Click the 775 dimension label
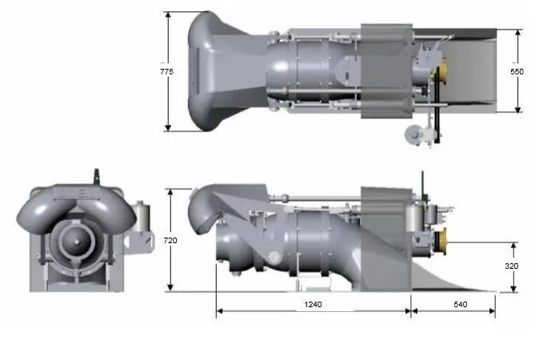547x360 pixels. (x=166, y=71)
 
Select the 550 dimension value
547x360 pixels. (x=517, y=71)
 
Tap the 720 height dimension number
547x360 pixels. (x=170, y=240)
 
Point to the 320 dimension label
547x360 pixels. (x=512, y=266)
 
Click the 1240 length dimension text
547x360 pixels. (x=313, y=305)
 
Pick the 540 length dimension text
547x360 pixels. (x=460, y=305)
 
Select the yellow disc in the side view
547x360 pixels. (x=441, y=242)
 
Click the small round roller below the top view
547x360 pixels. (x=413, y=134)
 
